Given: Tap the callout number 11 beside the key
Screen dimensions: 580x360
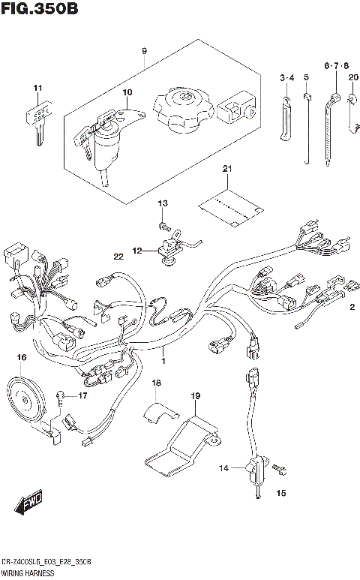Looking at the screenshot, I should (36, 92).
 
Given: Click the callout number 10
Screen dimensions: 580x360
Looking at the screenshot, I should (127, 93).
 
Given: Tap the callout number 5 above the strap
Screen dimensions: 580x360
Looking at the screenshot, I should (306, 77).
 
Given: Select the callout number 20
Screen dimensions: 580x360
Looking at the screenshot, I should (353, 77).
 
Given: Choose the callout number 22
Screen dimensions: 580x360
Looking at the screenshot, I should (118, 257).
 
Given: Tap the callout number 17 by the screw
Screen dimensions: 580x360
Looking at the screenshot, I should (83, 395).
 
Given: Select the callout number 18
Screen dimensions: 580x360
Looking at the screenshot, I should (156, 384).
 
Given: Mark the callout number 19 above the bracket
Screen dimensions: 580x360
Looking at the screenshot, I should (196, 395).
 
